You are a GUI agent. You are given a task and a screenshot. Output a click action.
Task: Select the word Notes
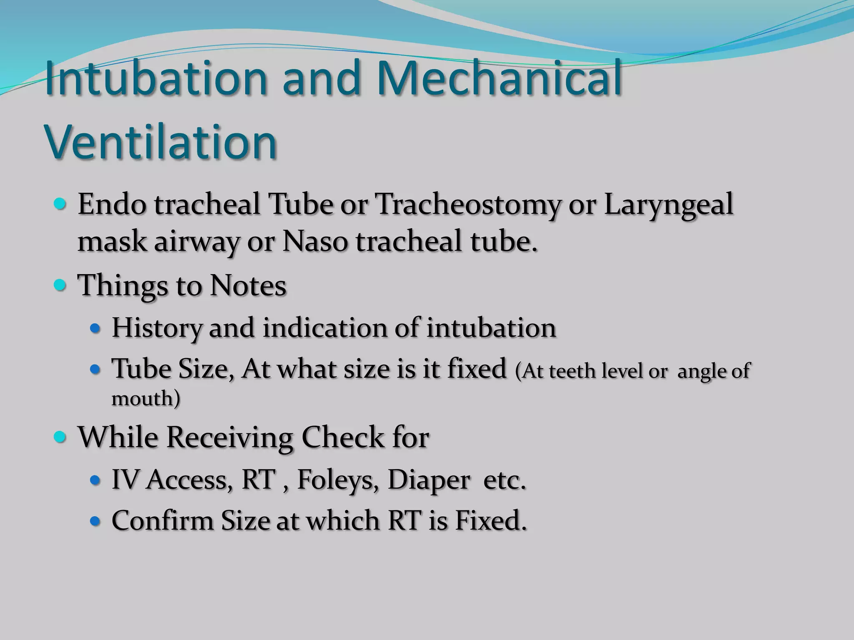coord(248,286)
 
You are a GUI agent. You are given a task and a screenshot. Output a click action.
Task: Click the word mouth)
coord(146,399)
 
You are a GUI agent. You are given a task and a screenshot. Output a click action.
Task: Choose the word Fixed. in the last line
coord(490,521)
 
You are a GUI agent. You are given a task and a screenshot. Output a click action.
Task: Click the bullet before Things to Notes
coord(60,285)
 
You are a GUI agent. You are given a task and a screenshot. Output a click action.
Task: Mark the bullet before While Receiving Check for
coord(60,437)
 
